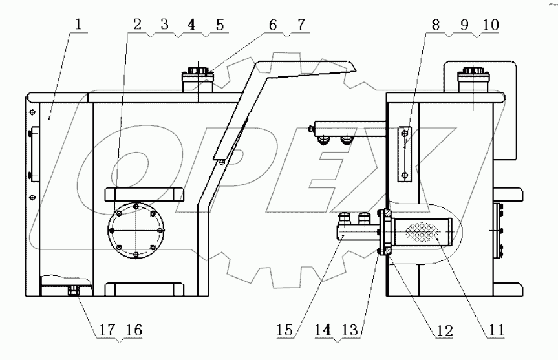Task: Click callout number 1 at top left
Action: pos(78,26)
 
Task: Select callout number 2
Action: pos(136,26)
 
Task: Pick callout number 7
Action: pos(301,26)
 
